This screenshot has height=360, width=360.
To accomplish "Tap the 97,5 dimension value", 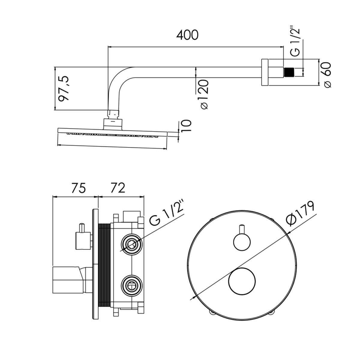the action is [x=64, y=88].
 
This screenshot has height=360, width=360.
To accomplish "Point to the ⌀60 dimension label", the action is [x=327, y=75].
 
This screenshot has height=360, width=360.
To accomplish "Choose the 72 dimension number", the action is [x=118, y=188].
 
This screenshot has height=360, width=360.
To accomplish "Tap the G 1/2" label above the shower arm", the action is [x=295, y=42].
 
